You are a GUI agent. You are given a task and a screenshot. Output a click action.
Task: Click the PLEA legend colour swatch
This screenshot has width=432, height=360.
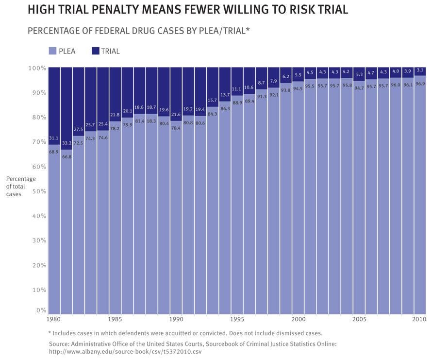point(53,51)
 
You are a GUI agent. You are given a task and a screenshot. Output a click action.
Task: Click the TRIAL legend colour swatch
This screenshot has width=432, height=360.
point(96,51)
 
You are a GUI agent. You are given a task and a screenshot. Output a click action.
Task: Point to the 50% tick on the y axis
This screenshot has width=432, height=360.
point(39,191)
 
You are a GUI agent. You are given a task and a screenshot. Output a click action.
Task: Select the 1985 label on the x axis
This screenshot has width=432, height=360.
point(115,319)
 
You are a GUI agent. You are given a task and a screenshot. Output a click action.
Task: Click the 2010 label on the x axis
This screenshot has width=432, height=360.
point(419,319)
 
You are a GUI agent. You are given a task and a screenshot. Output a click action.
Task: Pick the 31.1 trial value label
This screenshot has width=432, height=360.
point(54,138)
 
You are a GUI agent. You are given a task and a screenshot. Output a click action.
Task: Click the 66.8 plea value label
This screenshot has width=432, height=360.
point(66,156)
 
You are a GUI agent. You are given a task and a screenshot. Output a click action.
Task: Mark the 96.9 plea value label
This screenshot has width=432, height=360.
point(420,84)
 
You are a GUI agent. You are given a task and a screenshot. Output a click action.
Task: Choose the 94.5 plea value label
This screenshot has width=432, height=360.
point(297,88)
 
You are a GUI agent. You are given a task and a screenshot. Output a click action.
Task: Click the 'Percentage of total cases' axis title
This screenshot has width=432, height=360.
point(21,186)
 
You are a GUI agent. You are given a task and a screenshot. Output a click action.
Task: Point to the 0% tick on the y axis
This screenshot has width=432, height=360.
point(41,310)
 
